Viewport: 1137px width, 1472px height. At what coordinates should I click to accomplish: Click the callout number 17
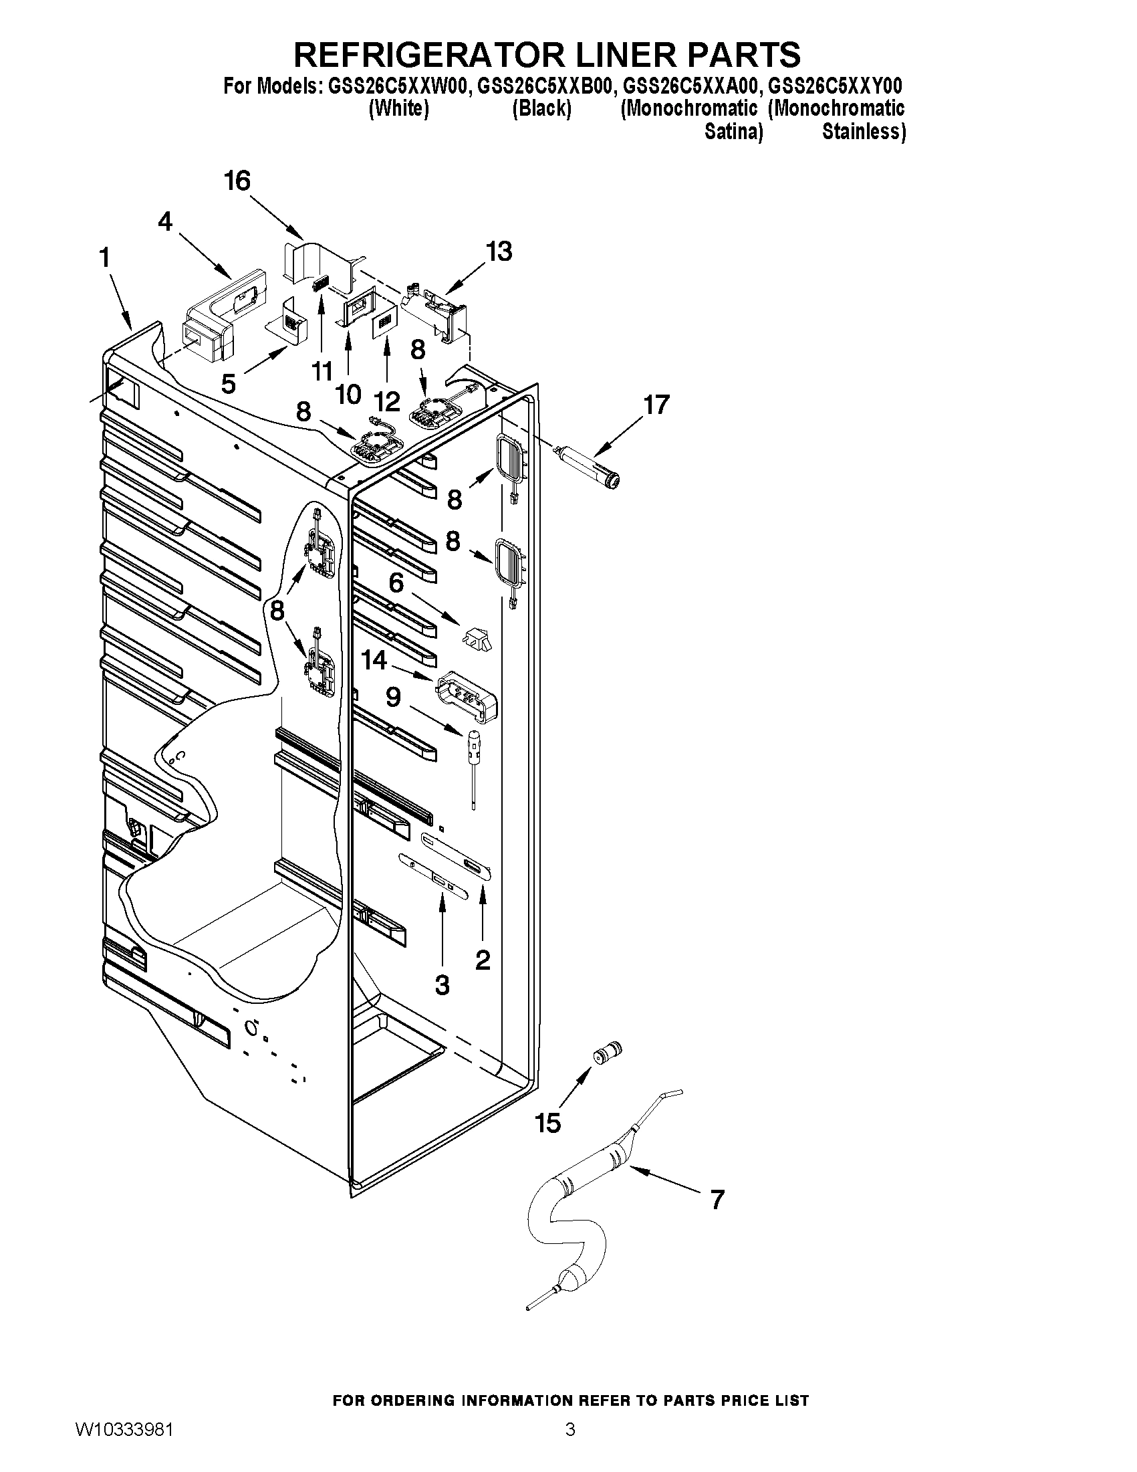(x=656, y=405)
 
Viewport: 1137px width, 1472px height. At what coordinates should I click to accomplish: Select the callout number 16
(x=237, y=181)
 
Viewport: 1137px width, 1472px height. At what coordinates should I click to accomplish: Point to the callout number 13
(x=499, y=251)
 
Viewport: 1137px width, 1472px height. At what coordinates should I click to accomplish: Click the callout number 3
(x=442, y=985)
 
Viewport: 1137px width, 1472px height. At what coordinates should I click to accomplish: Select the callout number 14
(x=374, y=660)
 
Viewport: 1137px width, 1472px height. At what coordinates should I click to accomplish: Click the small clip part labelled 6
(x=476, y=636)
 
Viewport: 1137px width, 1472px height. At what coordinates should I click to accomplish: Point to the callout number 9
(x=393, y=696)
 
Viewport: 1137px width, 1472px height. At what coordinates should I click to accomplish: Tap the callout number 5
(x=229, y=384)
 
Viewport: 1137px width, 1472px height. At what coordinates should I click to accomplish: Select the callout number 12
(x=387, y=402)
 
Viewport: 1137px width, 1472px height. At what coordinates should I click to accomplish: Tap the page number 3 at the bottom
(x=570, y=1446)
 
